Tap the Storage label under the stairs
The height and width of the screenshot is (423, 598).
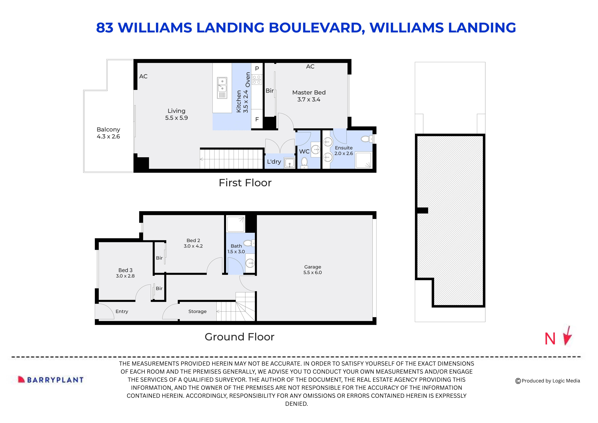[x=197, y=311]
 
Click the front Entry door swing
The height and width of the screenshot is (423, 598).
[x=105, y=312]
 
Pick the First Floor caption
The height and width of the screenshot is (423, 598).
[x=245, y=183]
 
